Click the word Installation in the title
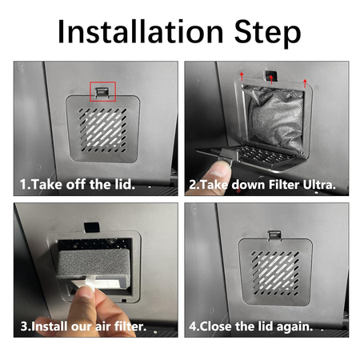(140, 31)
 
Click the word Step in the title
(267, 34)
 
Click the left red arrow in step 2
(242, 76)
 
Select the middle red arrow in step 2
(271, 79)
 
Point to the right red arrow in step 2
(305, 83)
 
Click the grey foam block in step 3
(94, 263)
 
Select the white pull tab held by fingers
(90, 284)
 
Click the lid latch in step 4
(274, 236)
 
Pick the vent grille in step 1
(102, 130)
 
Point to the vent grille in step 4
(275, 274)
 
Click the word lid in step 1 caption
(125, 185)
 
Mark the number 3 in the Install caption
(24, 326)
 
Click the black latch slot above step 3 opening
(92, 227)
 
